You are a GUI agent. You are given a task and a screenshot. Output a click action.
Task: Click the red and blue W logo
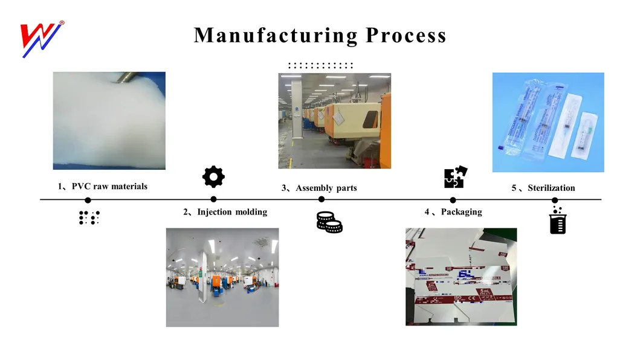(41, 39)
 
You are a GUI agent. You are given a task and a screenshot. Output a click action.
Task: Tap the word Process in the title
(406, 35)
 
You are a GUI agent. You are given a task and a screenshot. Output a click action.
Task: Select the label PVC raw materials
(109, 186)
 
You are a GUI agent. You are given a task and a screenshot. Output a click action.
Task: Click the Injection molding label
(231, 212)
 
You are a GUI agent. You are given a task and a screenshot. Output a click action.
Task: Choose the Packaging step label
(461, 212)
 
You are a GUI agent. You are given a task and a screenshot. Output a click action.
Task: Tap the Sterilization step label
(551, 188)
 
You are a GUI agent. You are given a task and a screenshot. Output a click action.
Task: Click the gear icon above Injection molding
(213, 177)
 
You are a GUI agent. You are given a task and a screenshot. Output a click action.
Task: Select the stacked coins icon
(329, 222)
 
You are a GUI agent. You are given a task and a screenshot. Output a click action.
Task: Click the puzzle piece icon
(454, 177)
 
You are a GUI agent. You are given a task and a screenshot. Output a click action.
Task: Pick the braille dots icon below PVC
(89, 218)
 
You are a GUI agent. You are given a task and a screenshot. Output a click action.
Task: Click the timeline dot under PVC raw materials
(88, 200)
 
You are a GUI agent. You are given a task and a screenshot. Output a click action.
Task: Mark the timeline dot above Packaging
(453, 200)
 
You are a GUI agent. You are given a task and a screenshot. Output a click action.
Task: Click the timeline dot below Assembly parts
(322, 199)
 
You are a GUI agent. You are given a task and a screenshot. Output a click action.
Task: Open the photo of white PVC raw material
(109, 121)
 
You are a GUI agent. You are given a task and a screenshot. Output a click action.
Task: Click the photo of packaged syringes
(548, 122)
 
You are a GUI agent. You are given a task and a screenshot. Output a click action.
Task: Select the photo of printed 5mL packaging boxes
(461, 277)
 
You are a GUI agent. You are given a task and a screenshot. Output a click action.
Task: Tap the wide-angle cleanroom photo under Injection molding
(222, 277)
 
